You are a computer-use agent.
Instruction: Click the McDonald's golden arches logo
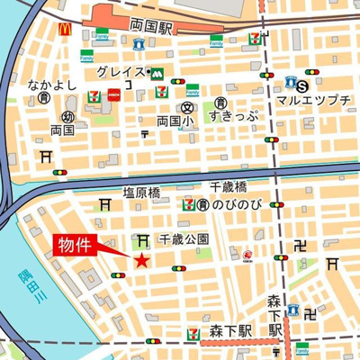tap(64, 30)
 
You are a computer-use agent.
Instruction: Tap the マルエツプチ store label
tap(314, 101)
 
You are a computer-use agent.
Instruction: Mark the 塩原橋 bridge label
tap(141, 192)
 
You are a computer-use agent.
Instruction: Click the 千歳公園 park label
tap(184, 239)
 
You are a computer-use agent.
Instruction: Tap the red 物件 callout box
tap(78, 247)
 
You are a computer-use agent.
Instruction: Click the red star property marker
tap(141, 261)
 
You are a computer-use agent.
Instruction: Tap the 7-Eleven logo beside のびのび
tap(188, 205)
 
